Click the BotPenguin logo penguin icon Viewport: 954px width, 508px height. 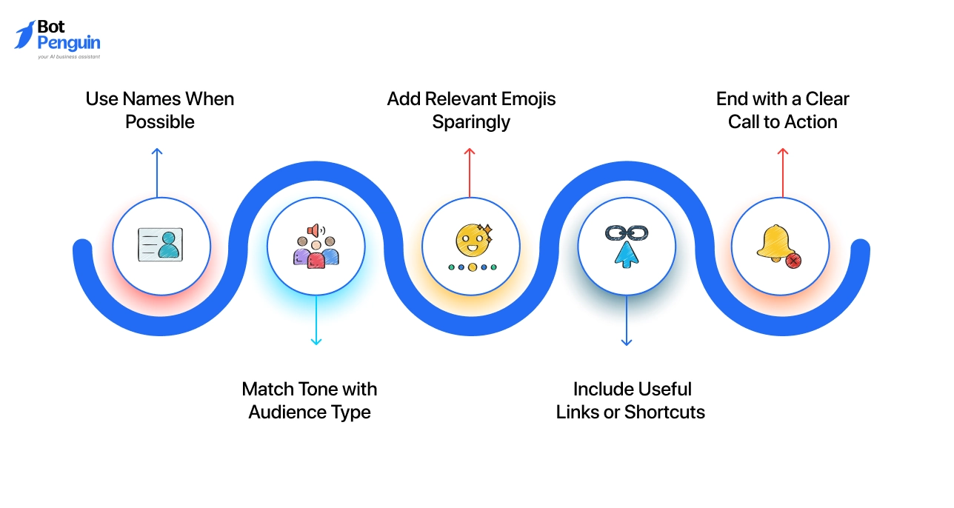pyautogui.click(x=25, y=35)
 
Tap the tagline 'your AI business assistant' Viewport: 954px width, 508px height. pyautogui.click(x=68, y=56)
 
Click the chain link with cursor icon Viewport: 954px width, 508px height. pyautogui.click(x=627, y=245)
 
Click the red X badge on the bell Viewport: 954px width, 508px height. pyautogui.click(x=793, y=260)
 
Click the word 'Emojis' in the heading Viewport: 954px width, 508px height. pyautogui.click(x=526, y=99)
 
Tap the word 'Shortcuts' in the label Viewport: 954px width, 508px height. pyautogui.click(x=664, y=412)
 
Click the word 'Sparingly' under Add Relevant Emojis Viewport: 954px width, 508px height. pyautogui.click(x=471, y=122)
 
